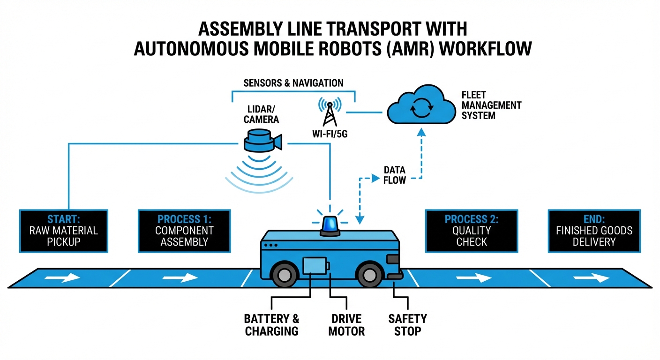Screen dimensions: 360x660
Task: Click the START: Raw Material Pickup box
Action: tap(64, 230)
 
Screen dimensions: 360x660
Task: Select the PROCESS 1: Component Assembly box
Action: tap(184, 230)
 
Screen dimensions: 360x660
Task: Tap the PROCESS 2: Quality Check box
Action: tap(472, 230)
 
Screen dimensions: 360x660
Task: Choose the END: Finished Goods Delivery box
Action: tap(594, 230)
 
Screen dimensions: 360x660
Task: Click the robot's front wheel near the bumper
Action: tap(370, 276)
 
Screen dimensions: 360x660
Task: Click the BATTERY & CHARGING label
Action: tap(271, 325)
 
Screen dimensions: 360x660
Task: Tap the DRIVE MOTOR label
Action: tap(346, 325)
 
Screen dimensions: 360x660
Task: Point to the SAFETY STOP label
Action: tap(407, 325)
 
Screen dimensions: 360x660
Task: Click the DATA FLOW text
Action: tap(394, 175)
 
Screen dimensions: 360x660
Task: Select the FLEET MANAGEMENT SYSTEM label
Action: tap(491, 105)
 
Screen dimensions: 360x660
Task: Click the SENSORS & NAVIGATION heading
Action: tap(293, 83)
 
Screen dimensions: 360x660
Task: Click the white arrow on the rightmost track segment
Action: tap(591, 278)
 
